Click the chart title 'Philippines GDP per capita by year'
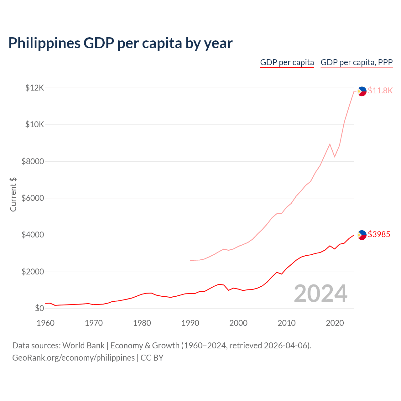pos(120,43)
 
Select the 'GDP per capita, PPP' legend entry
pos(357,62)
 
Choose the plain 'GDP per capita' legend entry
pos(287,62)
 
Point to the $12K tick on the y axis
pos(34,88)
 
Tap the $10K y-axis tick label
pos(34,125)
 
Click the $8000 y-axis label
pos(33,161)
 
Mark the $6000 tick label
pos(33,198)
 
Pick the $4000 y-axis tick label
pos(33,235)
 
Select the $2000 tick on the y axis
pos(33,272)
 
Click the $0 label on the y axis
pos(39,309)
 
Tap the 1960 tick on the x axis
pos(45,323)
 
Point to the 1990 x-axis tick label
pos(190,323)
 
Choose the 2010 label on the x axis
pos(286,323)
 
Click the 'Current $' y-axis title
pos(13,194)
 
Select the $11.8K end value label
pos(380,91)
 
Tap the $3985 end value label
pos(379,234)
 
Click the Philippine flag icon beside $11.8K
pos(362,91)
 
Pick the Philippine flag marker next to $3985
pos(362,235)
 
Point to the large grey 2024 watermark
pos(320,294)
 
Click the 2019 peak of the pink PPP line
pos(330,144)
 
